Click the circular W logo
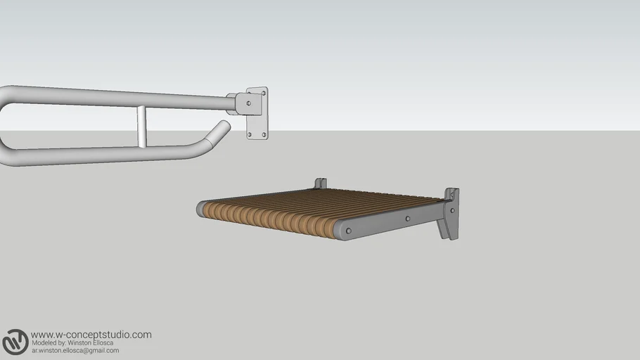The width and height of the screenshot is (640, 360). click(15, 342)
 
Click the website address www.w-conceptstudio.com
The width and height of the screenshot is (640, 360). click(91, 335)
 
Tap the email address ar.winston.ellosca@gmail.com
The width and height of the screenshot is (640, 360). click(75, 350)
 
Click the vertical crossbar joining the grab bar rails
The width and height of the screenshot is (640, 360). click(141, 127)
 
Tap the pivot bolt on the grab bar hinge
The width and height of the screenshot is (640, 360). click(248, 103)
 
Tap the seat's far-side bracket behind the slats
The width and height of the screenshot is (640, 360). click(321, 184)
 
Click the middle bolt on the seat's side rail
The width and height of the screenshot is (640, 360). click(408, 218)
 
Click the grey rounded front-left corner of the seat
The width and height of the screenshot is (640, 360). click(202, 209)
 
